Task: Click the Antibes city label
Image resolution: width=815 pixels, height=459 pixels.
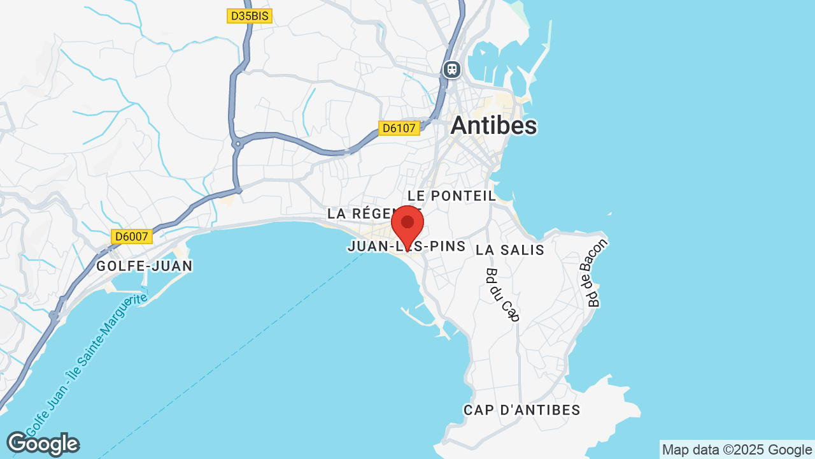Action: pos(493,126)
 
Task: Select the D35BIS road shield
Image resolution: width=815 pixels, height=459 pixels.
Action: pos(249,16)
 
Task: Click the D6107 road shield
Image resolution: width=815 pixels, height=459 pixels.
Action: pos(399,128)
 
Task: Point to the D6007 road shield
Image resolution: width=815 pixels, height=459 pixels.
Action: pos(132,237)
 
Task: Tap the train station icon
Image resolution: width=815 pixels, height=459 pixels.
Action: pos(452,69)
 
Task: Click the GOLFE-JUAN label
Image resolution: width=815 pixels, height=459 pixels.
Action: pos(145,266)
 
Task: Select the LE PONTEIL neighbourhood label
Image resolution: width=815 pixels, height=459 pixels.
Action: pos(451,196)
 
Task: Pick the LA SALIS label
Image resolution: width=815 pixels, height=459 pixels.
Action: pos(510,250)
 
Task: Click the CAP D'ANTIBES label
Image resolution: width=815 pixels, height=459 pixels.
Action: pos(522,410)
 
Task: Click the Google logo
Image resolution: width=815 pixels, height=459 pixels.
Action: pos(43,444)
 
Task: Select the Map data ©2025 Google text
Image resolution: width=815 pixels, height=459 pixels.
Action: pos(737,449)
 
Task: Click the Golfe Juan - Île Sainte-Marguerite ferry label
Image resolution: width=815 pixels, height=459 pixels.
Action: pos(86,363)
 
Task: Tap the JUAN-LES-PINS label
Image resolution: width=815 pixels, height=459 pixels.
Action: pos(407,246)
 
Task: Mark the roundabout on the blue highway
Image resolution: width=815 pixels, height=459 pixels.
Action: pos(237,145)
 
